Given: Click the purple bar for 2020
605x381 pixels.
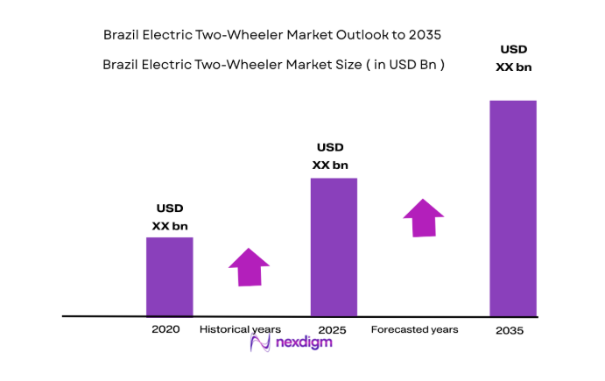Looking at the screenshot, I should pos(169,276).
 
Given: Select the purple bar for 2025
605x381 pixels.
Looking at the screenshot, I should pos(334,246).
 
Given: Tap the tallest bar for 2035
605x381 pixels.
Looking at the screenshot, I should pos(512,208).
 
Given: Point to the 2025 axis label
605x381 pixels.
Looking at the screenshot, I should pos(333,330).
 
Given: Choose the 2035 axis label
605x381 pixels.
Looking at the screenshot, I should pos(510,330).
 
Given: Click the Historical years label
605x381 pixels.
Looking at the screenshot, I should pos(240,329).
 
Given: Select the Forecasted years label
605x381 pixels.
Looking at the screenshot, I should pos(414,329).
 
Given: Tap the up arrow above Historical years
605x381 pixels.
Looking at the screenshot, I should pos(250,266).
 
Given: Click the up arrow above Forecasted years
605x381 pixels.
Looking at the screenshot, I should pos(423,217).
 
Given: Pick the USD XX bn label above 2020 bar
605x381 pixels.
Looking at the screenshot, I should pos(170,217).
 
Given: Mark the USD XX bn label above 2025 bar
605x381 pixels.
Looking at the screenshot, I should pos(330,156).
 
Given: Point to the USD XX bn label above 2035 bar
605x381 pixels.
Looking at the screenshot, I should pos(513,58).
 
